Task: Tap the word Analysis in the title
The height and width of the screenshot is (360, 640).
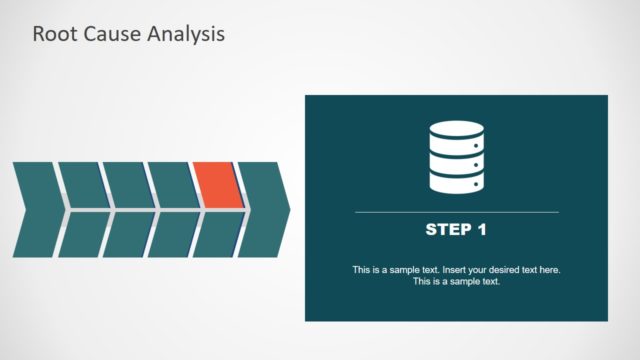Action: coord(186,33)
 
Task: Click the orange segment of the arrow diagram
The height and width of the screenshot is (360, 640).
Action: coord(219,185)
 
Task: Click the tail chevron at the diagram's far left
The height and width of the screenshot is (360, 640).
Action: coord(36,210)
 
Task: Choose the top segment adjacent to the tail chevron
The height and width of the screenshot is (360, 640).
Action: coord(82,185)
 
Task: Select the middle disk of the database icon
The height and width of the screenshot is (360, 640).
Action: coord(456,159)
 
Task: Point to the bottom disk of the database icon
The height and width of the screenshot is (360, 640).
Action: coord(456,181)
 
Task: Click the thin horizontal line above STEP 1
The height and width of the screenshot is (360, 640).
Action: coord(456,212)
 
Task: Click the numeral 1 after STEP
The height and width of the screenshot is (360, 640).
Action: coord(481,230)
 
